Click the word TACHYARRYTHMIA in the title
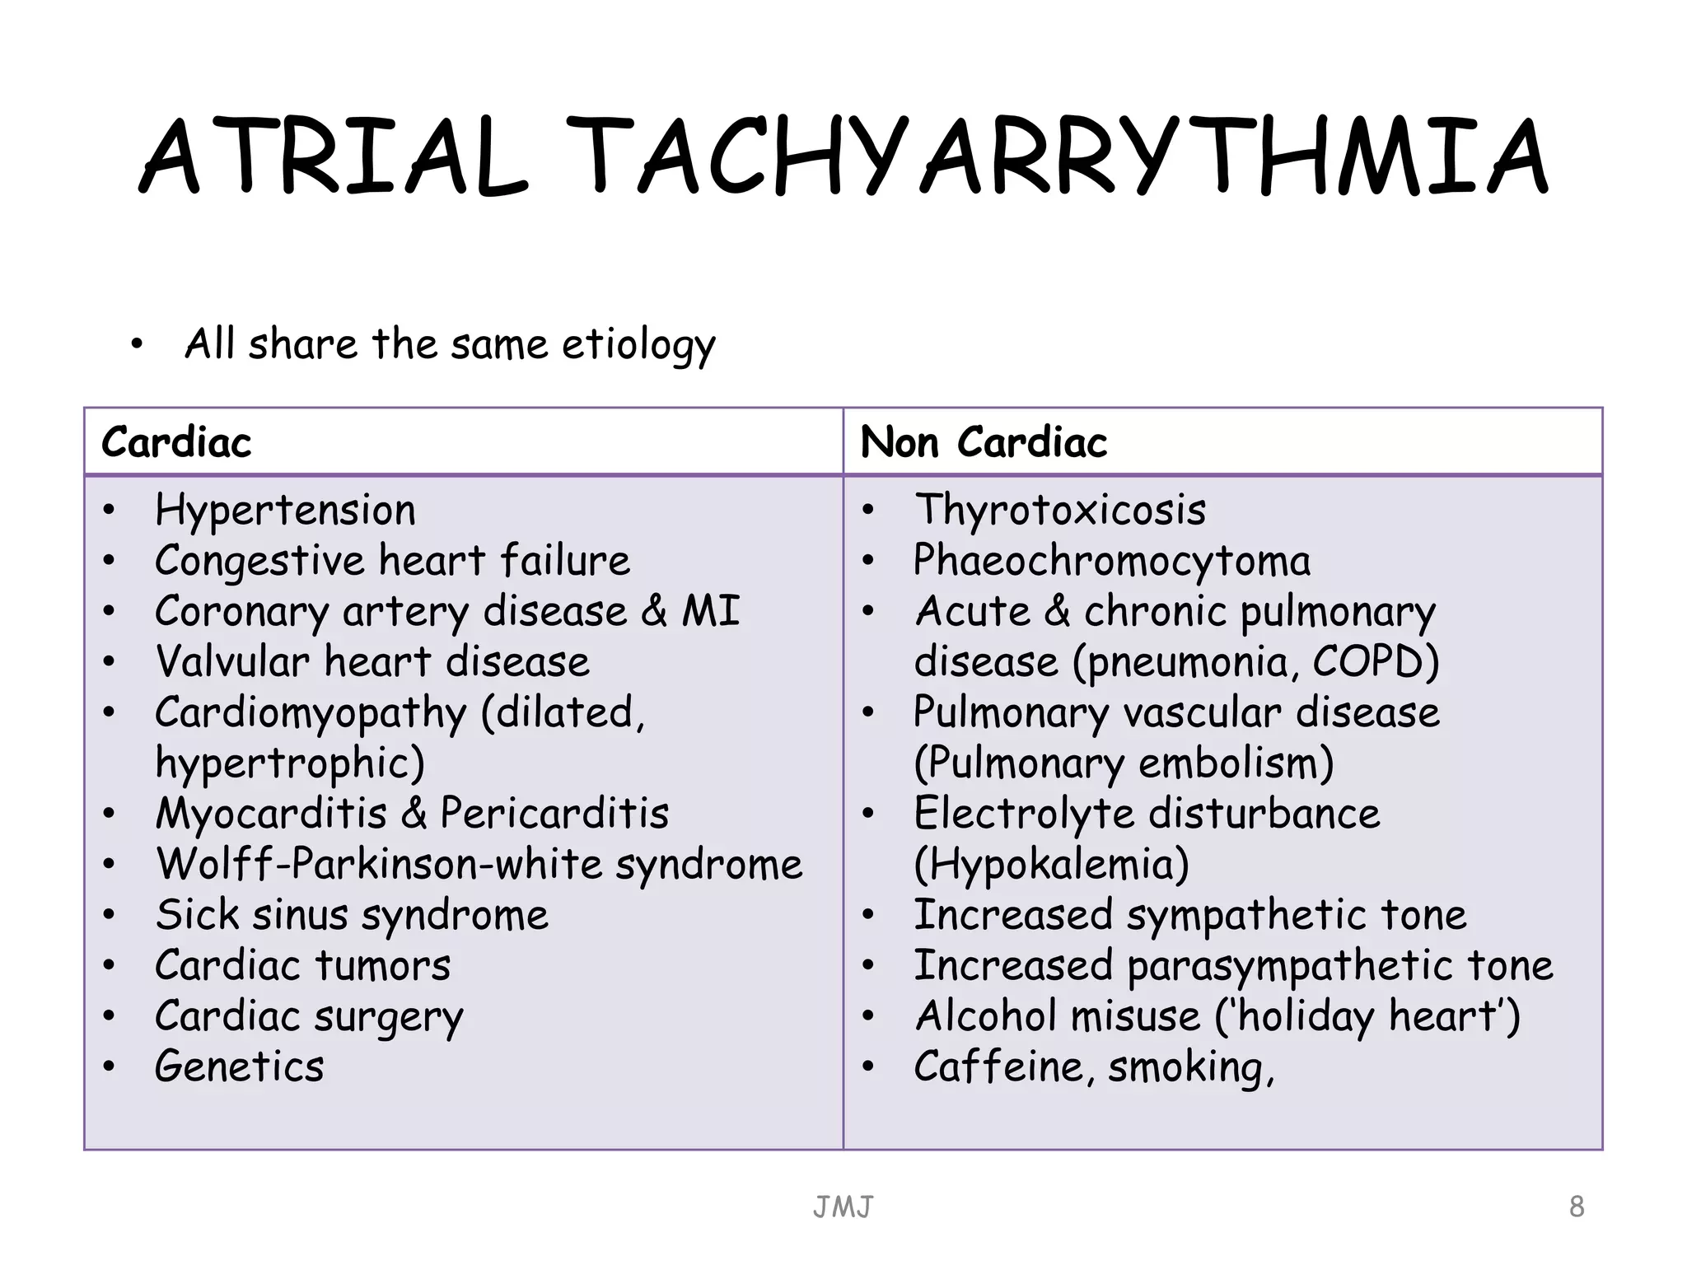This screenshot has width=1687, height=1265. (1058, 156)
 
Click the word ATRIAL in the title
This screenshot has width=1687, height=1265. (334, 156)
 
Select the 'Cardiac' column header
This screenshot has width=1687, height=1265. (176, 442)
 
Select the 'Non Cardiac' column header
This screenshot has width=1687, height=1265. (984, 442)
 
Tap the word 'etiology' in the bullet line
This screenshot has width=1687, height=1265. (638, 344)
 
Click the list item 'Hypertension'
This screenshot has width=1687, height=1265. (285, 510)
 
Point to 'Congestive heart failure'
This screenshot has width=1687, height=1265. (392, 561)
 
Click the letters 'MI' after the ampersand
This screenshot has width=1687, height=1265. (710, 611)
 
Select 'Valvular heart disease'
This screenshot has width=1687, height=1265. (372, 662)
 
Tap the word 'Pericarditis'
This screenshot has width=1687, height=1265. (554, 814)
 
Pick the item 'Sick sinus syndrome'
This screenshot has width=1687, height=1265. (352, 915)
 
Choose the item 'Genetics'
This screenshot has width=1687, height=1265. (240, 1067)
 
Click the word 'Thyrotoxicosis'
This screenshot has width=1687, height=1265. (1060, 510)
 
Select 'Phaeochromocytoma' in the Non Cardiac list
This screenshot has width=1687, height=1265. (1112, 561)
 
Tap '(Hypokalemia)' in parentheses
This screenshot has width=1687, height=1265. (1052, 864)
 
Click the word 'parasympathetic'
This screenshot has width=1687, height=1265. (1290, 965)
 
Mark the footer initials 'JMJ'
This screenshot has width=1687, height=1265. (843, 1207)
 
